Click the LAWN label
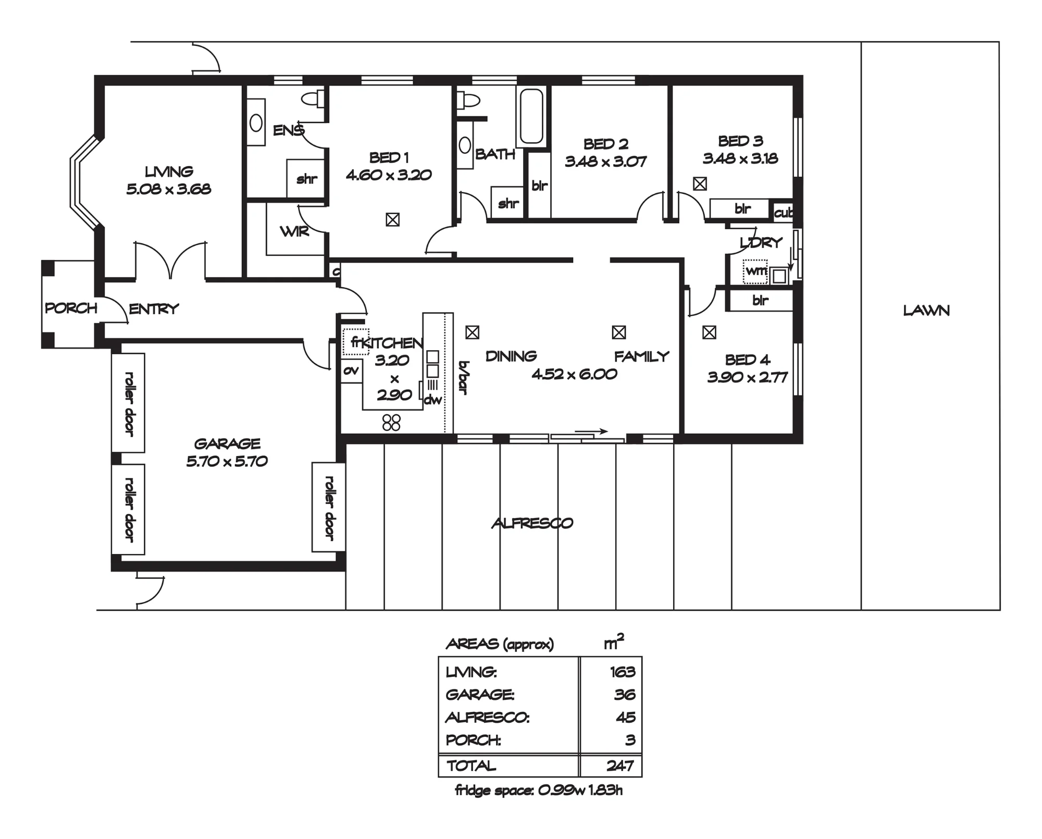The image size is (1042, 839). [926, 311]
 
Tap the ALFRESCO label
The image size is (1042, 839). [532, 523]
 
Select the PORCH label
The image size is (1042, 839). [71, 308]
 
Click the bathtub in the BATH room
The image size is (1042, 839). [531, 117]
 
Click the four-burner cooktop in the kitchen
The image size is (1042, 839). [391, 423]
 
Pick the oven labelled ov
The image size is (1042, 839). [352, 371]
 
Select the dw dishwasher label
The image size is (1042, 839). [432, 400]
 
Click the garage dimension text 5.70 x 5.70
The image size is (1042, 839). [227, 461]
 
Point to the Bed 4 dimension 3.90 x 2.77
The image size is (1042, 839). [747, 377]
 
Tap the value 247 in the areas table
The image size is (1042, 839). [620, 766]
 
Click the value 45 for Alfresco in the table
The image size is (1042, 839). [626, 718]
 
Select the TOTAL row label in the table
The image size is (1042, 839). [471, 766]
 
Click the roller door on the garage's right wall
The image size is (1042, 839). [328, 507]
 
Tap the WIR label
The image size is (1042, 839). [294, 231]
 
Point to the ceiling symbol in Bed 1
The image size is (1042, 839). [393, 220]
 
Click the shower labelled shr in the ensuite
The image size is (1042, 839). [306, 179]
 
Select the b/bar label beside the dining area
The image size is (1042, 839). [463, 377]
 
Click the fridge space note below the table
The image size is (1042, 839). [539, 791]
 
